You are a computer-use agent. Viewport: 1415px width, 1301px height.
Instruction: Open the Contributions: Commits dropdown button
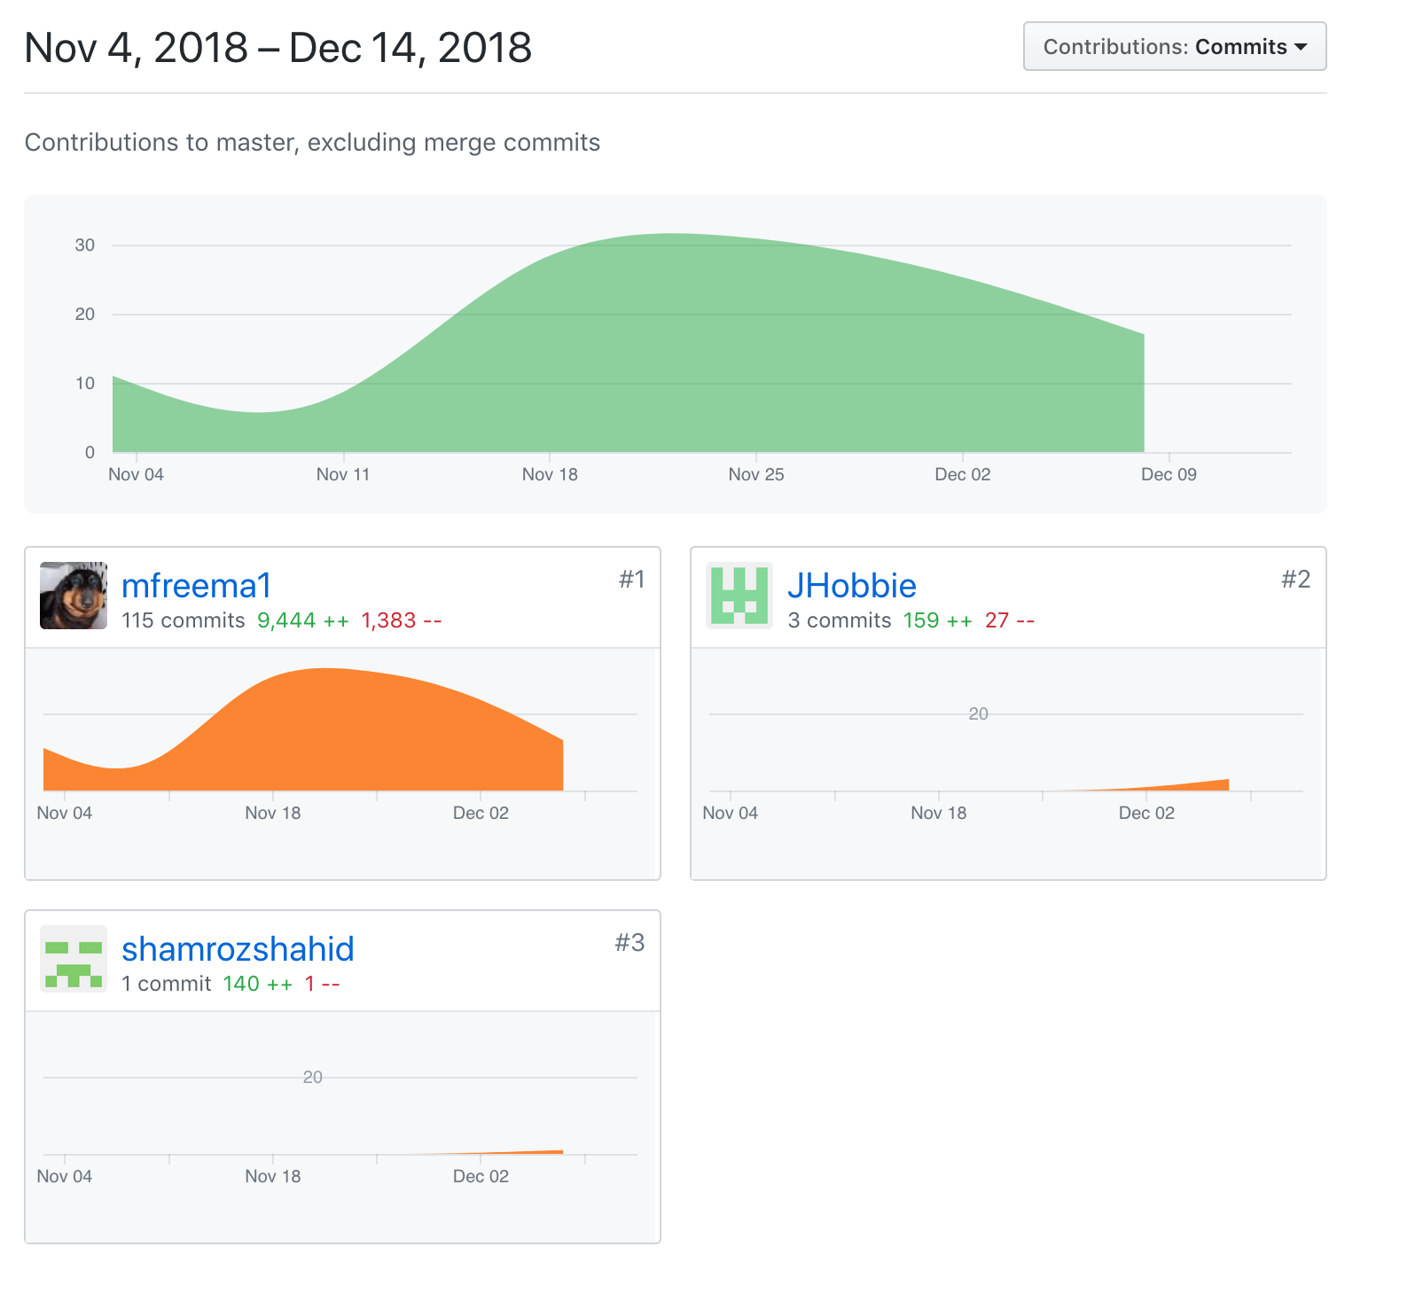point(1174,47)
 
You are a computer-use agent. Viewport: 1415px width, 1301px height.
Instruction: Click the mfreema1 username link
point(196,586)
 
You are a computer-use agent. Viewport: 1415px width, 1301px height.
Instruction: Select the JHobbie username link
point(851,586)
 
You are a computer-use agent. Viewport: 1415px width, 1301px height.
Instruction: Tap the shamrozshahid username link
point(238,949)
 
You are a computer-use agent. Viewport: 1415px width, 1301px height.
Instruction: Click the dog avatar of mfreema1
point(74,596)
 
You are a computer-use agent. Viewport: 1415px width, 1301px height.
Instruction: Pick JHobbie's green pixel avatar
point(739,596)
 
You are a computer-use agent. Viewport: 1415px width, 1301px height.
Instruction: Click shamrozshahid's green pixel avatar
point(74,959)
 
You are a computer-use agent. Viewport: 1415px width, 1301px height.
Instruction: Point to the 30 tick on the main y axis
point(85,245)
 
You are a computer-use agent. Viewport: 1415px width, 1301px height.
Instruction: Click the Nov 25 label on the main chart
point(755,475)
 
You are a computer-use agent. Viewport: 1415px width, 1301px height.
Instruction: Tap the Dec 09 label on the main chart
point(1168,475)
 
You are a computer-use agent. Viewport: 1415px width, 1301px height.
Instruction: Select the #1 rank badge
point(631,580)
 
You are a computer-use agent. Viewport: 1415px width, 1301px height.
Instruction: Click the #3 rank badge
point(629,943)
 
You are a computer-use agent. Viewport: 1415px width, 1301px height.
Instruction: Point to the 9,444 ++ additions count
point(303,620)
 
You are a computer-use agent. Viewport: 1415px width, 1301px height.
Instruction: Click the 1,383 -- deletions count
point(401,620)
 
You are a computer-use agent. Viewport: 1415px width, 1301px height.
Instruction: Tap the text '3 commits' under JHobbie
point(839,620)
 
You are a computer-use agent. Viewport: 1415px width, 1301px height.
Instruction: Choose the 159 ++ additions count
point(937,620)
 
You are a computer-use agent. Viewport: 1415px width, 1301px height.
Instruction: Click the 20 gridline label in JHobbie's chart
point(978,714)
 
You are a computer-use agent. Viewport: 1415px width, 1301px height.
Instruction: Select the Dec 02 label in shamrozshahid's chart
point(481,1177)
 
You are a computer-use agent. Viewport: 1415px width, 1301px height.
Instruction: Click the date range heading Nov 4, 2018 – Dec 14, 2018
point(278,48)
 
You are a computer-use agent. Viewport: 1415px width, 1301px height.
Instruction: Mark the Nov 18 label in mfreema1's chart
point(272,814)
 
